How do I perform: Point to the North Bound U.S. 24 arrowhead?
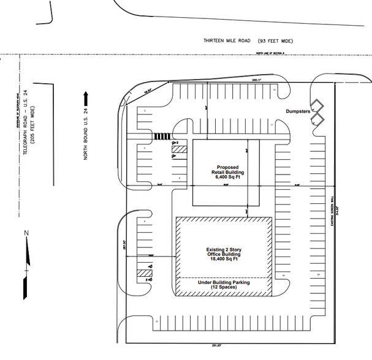pyautogui.click(x=87, y=96)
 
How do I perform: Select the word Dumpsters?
pyautogui.click(x=299, y=111)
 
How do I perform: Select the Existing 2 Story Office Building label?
pyautogui.click(x=224, y=252)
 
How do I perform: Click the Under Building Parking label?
pyautogui.click(x=224, y=283)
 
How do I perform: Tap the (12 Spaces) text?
pyautogui.click(x=224, y=288)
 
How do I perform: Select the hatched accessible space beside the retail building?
pyautogui.click(x=178, y=148)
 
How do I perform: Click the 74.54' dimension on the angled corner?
pyautogui.click(x=147, y=89)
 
